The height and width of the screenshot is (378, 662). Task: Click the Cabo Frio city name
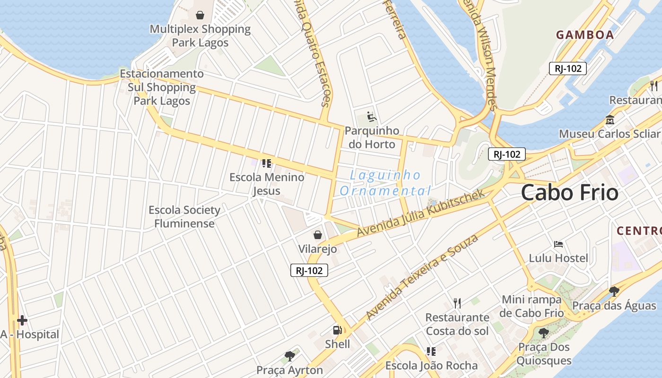[x=569, y=193]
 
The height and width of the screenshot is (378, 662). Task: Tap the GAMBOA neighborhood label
[x=584, y=34]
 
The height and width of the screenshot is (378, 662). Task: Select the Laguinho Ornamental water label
[x=385, y=183]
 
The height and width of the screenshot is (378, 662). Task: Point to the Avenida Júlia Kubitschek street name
[x=421, y=213]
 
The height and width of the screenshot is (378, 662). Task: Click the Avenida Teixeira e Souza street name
[x=422, y=276]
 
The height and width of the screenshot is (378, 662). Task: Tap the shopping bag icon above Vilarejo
[x=318, y=234]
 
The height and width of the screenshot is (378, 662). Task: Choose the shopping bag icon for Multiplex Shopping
[x=200, y=15]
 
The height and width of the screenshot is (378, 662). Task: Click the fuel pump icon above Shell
[x=337, y=330]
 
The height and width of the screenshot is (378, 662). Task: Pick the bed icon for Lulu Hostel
[x=558, y=244]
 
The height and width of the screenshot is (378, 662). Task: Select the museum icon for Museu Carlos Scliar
[x=610, y=120]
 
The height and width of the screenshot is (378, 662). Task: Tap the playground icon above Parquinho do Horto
[x=372, y=116]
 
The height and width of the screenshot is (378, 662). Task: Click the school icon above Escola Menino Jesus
[x=266, y=163]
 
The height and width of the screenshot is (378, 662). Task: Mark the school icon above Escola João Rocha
[x=431, y=352]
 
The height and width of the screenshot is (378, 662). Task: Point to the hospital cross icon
[x=22, y=320]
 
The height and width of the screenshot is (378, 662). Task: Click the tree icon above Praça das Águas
[x=614, y=291]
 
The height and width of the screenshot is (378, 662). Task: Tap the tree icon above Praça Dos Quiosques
[x=544, y=333]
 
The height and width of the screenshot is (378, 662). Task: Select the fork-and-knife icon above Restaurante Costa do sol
[x=457, y=303]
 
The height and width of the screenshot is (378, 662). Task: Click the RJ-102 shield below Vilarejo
[x=309, y=270]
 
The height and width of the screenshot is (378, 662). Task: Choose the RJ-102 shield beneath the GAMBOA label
[x=567, y=69]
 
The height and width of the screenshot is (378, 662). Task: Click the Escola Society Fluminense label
[x=184, y=216]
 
